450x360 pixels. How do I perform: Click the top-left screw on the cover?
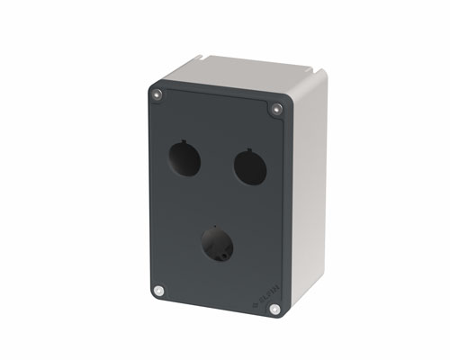tap(159, 94)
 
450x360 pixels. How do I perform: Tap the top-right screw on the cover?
tap(276, 109)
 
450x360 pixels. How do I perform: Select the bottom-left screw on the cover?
tap(159, 291)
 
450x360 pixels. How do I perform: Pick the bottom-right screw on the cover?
tap(274, 309)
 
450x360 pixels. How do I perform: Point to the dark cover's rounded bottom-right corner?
tap(282, 317)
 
